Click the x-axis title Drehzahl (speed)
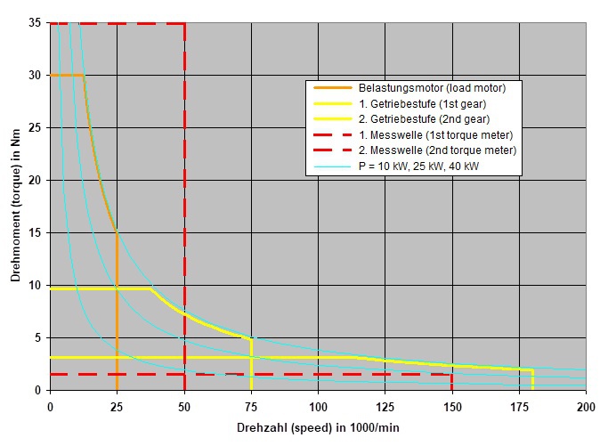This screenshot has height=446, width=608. point(318,428)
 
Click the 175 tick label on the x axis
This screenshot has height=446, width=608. point(520,406)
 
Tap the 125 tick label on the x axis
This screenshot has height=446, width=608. point(385,406)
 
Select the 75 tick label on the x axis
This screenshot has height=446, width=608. point(251,406)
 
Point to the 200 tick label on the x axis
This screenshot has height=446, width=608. point(586,406)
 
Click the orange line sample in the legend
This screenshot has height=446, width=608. point(331,88)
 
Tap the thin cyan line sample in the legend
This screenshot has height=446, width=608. point(331,166)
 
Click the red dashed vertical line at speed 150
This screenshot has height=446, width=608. point(452,382)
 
